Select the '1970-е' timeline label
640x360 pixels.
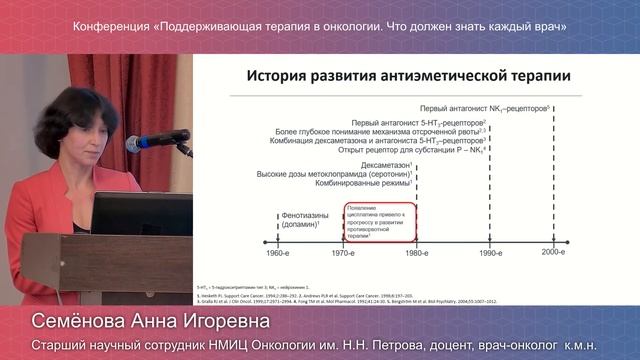coord(343,255)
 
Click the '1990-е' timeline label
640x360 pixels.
coord(489,255)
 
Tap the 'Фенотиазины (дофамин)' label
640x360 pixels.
coord(297,220)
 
